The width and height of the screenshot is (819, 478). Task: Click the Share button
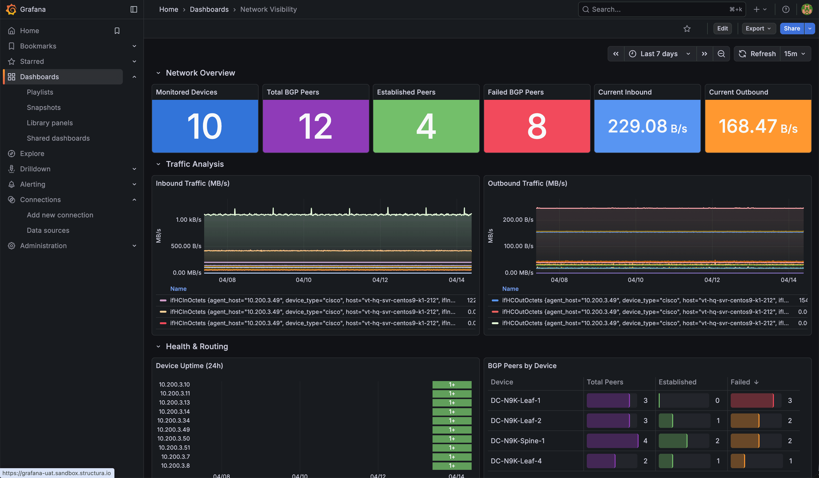pos(791,29)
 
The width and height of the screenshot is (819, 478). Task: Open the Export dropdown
pos(758,29)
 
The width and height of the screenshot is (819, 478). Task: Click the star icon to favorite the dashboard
pos(687,29)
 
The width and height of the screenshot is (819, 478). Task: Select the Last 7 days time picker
pos(659,54)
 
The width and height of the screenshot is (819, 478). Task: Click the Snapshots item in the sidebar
pos(44,108)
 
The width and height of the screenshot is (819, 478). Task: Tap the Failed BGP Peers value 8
pos(537,126)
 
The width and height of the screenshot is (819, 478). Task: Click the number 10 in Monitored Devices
pos(205,126)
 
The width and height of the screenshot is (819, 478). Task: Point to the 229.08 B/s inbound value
pos(647,126)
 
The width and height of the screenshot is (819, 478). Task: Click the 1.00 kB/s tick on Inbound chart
pos(189,220)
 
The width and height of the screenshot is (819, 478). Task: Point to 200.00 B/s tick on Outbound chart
pos(518,220)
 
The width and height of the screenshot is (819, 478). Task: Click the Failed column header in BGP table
pos(740,382)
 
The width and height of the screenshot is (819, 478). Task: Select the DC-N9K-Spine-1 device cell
pos(517,441)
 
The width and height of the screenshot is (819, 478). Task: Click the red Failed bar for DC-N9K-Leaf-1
pos(752,400)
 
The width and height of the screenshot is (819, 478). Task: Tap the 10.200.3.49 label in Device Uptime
pos(173,430)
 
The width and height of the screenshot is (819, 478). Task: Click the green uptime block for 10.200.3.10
pos(451,385)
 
